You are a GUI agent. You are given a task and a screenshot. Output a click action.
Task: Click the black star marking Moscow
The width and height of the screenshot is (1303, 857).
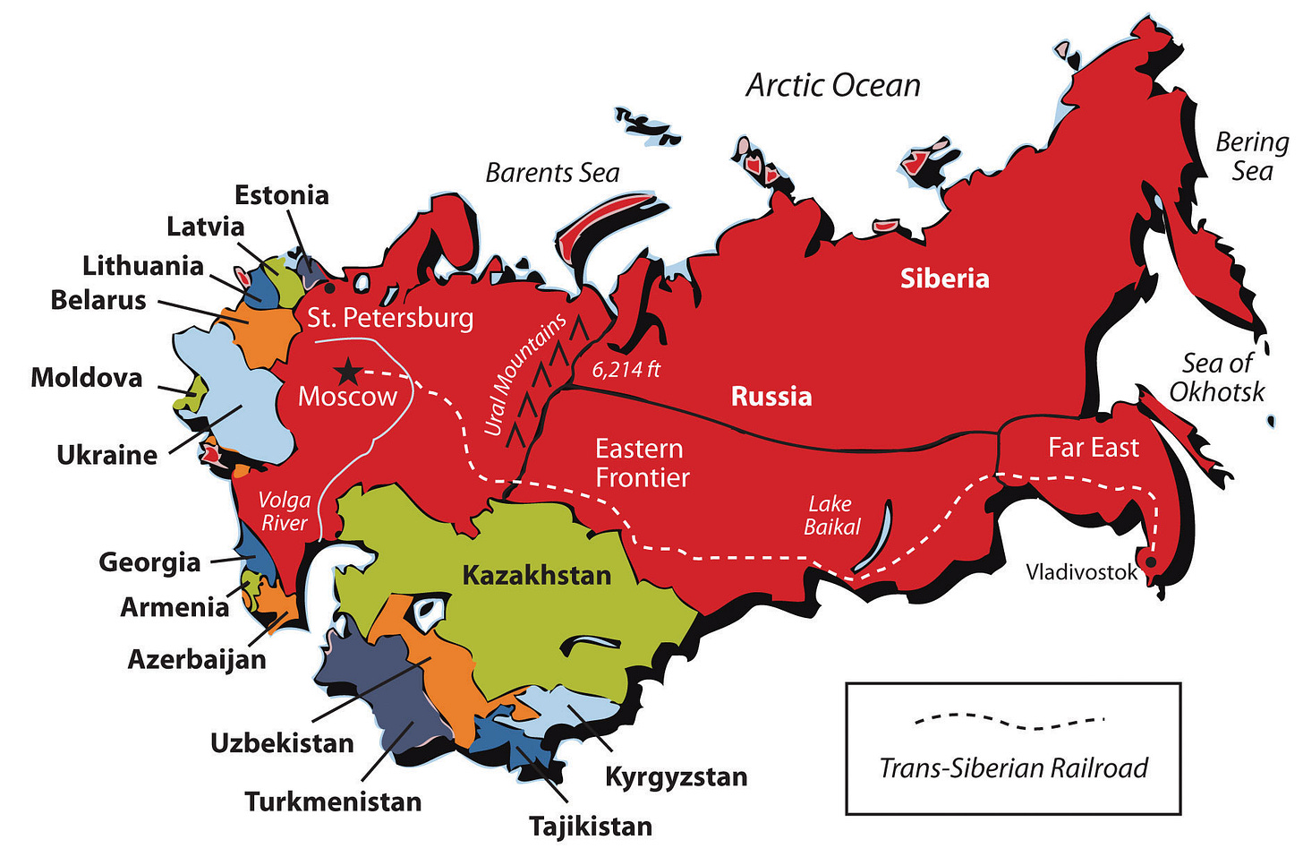coord(346,371)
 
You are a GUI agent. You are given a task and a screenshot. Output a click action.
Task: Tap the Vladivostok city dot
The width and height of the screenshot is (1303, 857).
coord(1152,562)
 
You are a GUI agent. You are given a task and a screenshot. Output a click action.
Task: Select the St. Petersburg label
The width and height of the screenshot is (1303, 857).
coord(390,318)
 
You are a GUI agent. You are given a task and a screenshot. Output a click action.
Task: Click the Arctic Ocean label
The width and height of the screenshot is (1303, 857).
coord(833,85)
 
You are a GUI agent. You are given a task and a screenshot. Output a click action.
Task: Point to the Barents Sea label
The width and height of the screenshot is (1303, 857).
coord(552,173)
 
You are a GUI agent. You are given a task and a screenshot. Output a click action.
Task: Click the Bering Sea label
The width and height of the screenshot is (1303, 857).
coord(1251,157)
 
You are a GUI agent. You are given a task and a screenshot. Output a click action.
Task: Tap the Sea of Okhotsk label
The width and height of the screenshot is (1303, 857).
coord(1217,377)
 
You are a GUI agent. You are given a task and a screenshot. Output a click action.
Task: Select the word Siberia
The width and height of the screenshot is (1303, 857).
coord(944,279)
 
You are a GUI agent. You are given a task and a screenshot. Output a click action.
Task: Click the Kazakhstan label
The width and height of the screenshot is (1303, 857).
coord(536,575)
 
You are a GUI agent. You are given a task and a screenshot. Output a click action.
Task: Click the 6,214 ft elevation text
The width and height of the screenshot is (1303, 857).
coord(626,369)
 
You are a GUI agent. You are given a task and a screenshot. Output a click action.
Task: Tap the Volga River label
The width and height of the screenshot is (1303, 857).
coord(284,511)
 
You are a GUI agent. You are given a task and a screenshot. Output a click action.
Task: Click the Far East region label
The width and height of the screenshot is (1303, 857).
coord(1093,448)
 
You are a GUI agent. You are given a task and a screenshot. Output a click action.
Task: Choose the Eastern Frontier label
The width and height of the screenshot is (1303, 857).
coord(642,463)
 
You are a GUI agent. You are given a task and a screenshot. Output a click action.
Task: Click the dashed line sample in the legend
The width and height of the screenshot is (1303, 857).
coord(1009,720)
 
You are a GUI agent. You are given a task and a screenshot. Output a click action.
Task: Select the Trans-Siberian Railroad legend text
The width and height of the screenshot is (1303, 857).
coord(1013,768)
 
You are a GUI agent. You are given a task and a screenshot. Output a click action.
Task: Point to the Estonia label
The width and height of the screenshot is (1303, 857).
coord(281,195)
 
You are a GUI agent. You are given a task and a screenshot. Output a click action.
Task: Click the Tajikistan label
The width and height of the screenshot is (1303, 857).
coord(590,826)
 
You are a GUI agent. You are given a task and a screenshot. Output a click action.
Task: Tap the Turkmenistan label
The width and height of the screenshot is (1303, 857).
coord(333,801)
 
